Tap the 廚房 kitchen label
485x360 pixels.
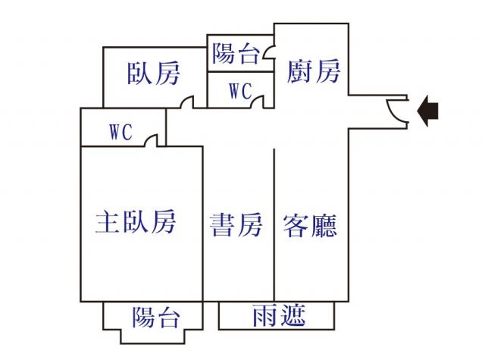click(314, 72)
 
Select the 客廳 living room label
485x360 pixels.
click(309, 225)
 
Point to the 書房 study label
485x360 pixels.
click(236, 225)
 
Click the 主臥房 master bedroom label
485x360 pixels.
click(136, 222)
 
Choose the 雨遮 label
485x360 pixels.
click(278, 315)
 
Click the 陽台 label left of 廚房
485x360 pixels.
click(234, 54)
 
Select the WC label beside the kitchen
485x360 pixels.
click(239, 91)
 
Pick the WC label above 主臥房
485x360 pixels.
click(120, 132)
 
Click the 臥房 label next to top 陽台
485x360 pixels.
click(154, 74)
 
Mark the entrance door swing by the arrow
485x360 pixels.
click(396, 111)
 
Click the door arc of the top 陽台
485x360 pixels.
click(268, 55)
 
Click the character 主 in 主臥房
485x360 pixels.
click(106, 222)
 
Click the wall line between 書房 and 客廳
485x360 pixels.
click(274, 227)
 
